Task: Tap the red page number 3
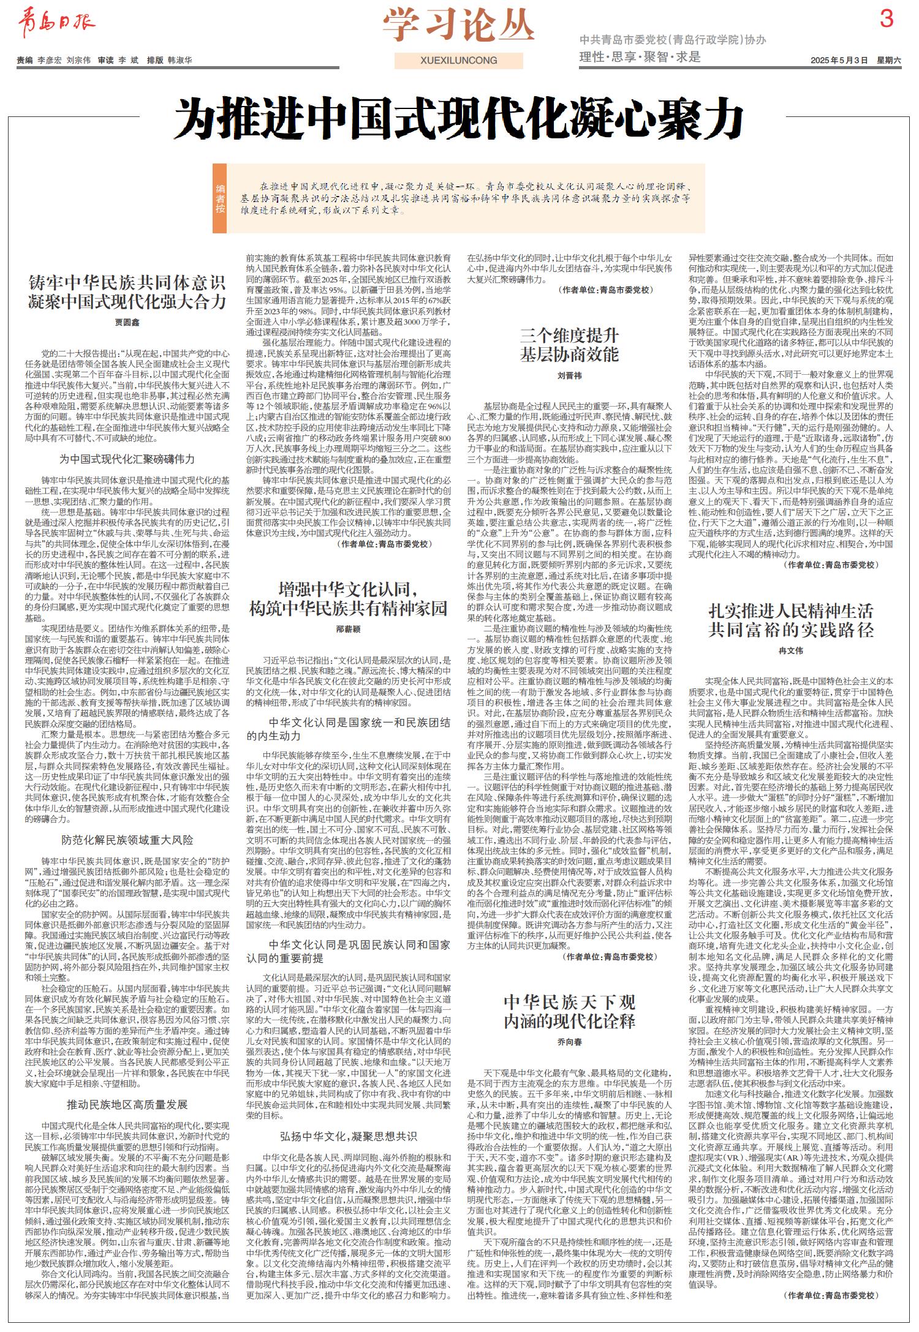tap(886, 21)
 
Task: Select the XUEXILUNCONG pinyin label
tap(459, 61)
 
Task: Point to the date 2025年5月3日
tap(839, 60)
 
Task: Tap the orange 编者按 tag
tap(220, 198)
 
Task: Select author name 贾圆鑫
tap(127, 322)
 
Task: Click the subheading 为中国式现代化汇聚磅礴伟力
tap(127, 459)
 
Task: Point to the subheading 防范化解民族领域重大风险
tap(127, 839)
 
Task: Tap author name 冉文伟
tap(790, 650)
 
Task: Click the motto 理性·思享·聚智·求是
tap(640, 58)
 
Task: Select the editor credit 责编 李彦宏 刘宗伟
tap(54, 61)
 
